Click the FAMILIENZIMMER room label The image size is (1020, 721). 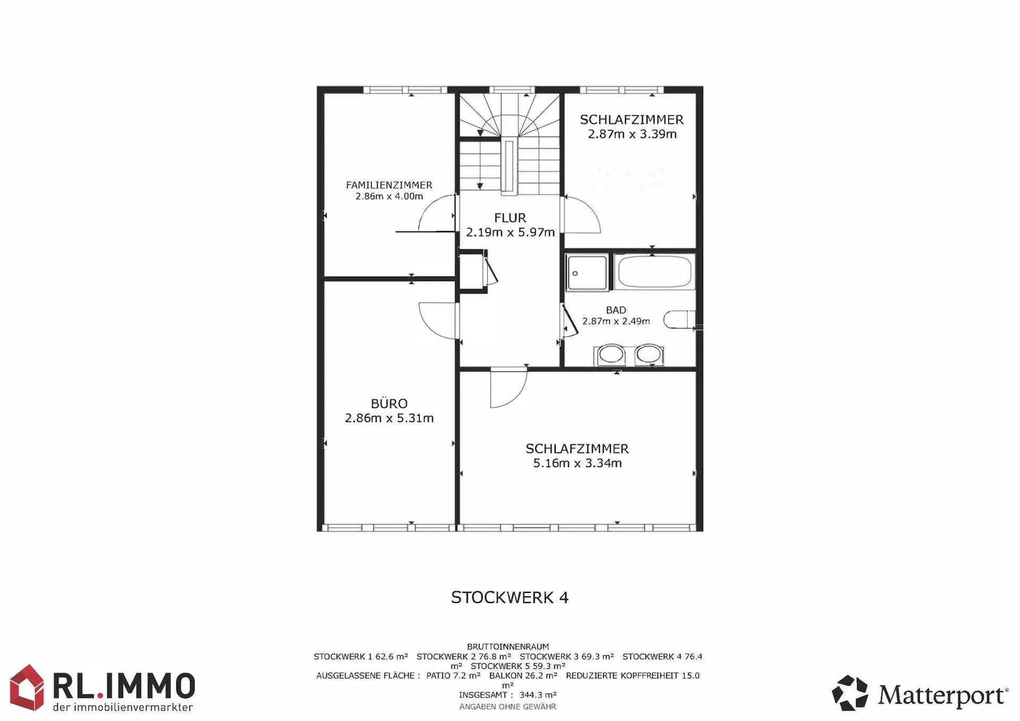[389, 185]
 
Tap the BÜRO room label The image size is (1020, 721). [389, 403]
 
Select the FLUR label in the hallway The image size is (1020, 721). [510, 218]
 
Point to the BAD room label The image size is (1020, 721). [616, 310]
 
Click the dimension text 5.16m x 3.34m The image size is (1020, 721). [577, 463]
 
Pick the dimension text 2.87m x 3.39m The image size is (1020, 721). [632, 134]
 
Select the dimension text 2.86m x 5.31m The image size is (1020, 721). [389, 418]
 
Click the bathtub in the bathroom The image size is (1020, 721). [655, 272]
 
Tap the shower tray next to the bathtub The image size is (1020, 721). [587, 273]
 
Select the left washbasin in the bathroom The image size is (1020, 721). [610, 354]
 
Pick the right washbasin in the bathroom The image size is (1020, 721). [649, 354]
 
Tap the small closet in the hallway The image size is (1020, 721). [471, 271]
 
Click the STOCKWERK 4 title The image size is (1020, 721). [510, 598]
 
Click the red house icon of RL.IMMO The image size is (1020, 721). [27, 688]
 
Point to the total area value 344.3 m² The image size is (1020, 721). [538, 694]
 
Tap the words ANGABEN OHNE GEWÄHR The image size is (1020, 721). [508, 707]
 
